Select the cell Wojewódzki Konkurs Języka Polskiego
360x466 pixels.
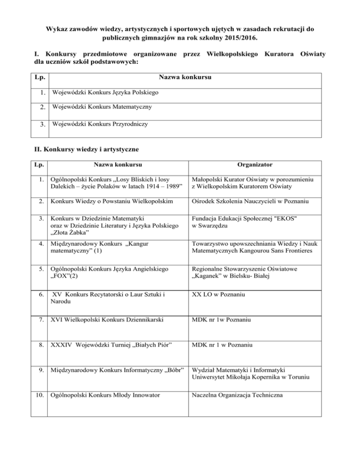105,93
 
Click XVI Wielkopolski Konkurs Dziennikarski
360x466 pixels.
107,320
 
